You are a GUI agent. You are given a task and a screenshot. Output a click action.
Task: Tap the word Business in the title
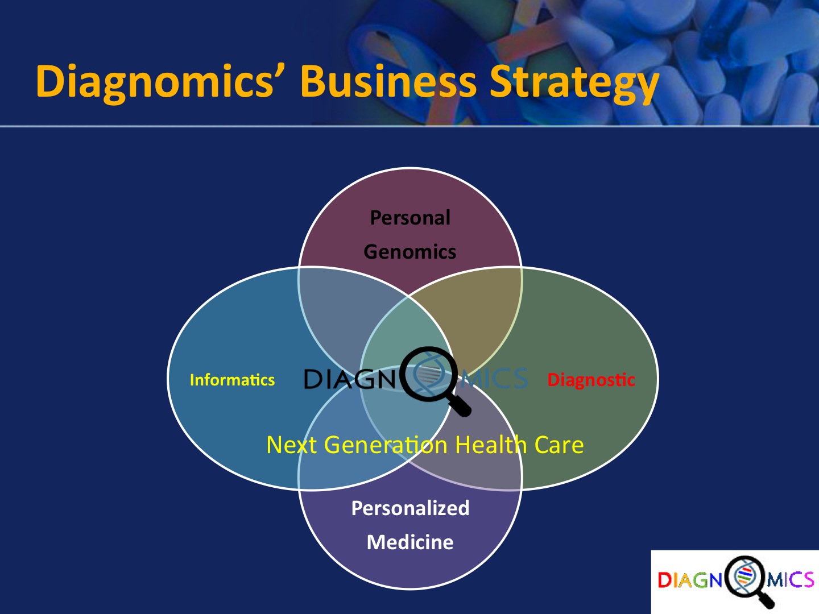[x=388, y=81]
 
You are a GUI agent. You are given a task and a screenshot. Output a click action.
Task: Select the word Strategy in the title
[x=574, y=84]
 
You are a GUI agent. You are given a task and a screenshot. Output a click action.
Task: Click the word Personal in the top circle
[x=410, y=218]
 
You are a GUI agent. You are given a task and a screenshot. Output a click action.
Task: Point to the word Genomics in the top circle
[x=410, y=252]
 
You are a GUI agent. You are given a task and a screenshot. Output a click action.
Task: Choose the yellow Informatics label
[x=232, y=380]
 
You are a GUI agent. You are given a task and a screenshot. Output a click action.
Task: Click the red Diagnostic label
[x=591, y=380]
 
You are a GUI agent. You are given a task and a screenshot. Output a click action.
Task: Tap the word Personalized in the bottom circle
[x=410, y=508]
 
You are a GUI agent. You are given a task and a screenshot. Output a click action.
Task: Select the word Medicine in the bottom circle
[x=410, y=542]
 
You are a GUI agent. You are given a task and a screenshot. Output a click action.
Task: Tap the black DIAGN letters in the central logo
[x=350, y=379]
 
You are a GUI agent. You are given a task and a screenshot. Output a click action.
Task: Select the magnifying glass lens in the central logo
[x=429, y=374]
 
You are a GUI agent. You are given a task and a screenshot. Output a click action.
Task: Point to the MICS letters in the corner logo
[x=789, y=580]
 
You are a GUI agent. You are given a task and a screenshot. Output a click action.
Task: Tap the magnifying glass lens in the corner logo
[x=744, y=576]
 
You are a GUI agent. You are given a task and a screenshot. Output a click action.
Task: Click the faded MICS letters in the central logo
[x=494, y=379]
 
